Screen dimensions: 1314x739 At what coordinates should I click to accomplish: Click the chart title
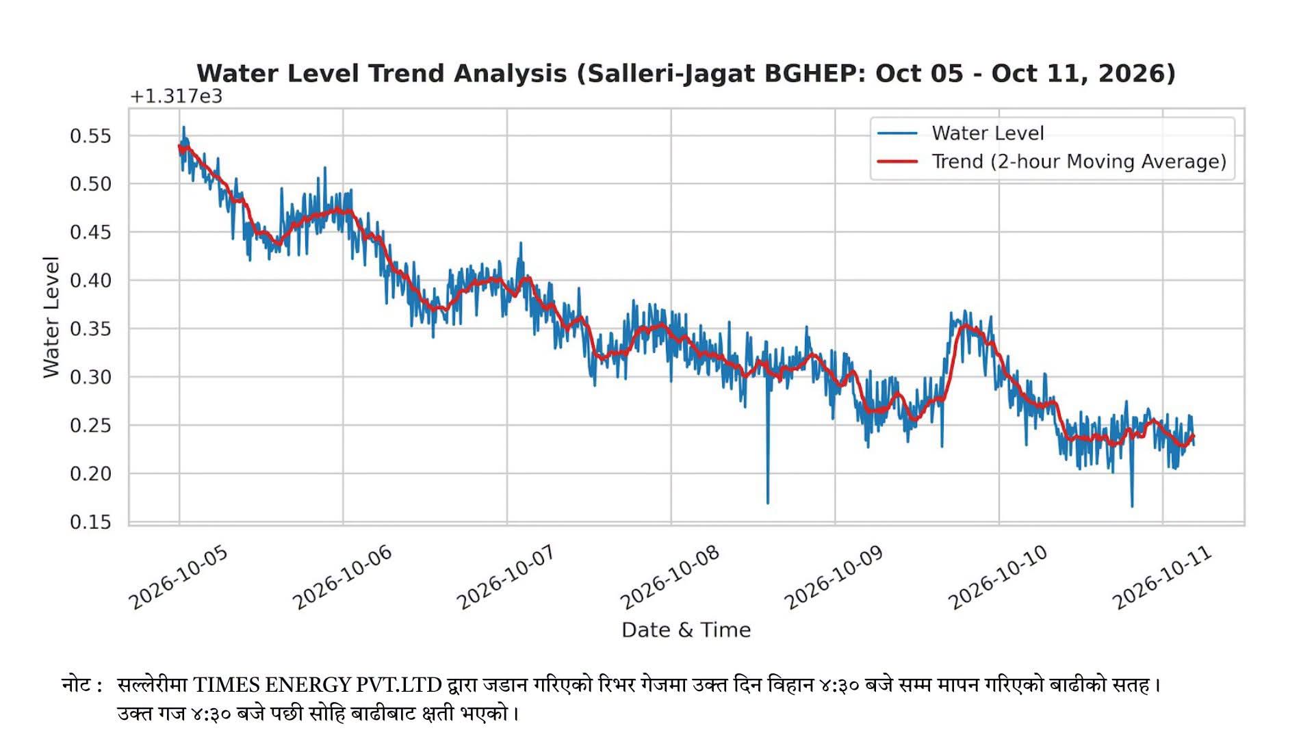[686, 73]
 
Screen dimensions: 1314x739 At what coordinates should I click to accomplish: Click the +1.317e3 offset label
[176, 96]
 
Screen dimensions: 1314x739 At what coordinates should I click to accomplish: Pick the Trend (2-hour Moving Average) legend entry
[1052, 161]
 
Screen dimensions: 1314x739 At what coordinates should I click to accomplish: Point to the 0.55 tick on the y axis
[90, 135]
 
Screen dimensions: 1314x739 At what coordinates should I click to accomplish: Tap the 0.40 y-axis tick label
[90, 281]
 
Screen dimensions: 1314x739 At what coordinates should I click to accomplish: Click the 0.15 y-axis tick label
[90, 522]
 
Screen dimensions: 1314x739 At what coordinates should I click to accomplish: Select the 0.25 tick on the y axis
[90, 426]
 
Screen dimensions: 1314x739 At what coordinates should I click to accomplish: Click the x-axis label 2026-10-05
[178, 578]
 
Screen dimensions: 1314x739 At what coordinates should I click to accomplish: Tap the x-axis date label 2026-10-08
[670, 578]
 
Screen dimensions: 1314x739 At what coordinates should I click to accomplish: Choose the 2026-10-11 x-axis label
[1162, 578]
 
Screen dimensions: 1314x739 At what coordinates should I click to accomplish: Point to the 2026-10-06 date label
[342, 578]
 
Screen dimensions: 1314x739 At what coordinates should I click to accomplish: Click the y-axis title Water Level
[51, 317]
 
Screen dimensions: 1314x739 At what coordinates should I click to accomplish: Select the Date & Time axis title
[686, 630]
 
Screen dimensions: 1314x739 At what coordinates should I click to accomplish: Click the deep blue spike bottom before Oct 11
[1132, 506]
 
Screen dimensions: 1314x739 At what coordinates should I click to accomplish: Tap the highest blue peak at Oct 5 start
[183, 127]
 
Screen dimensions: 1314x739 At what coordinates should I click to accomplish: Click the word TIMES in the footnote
[225, 685]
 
